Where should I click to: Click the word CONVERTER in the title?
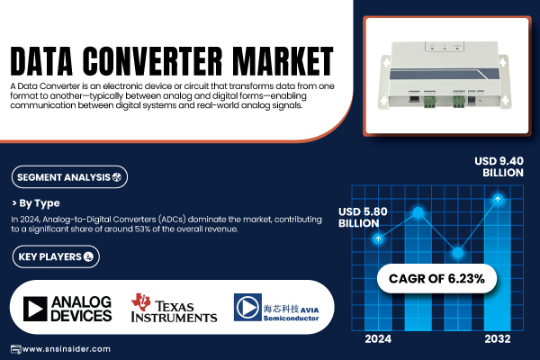(x=152, y=61)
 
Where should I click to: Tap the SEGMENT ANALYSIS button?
(x=69, y=177)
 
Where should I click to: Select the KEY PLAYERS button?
(x=56, y=256)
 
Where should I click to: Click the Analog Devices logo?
(x=67, y=309)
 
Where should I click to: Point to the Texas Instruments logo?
(x=174, y=308)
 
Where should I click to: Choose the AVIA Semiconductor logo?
(x=276, y=308)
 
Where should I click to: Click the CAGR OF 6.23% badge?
(x=436, y=278)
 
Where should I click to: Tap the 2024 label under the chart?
(x=378, y=339)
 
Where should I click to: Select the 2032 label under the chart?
(x=498, y=339)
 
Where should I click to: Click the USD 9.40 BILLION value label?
(x=499, y=166)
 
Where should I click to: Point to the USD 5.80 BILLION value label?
(x=363, y=218)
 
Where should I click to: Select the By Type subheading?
(x=36, y=203)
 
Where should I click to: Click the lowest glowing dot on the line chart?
(x=458, y=253)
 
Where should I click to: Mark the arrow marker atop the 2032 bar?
(x=498, y=199)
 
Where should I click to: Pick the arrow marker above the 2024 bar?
(x=378, y=238)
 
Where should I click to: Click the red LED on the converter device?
(x=457, y=49)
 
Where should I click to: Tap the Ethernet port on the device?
(x=413, y=99)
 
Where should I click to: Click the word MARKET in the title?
(x=283, y=61)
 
